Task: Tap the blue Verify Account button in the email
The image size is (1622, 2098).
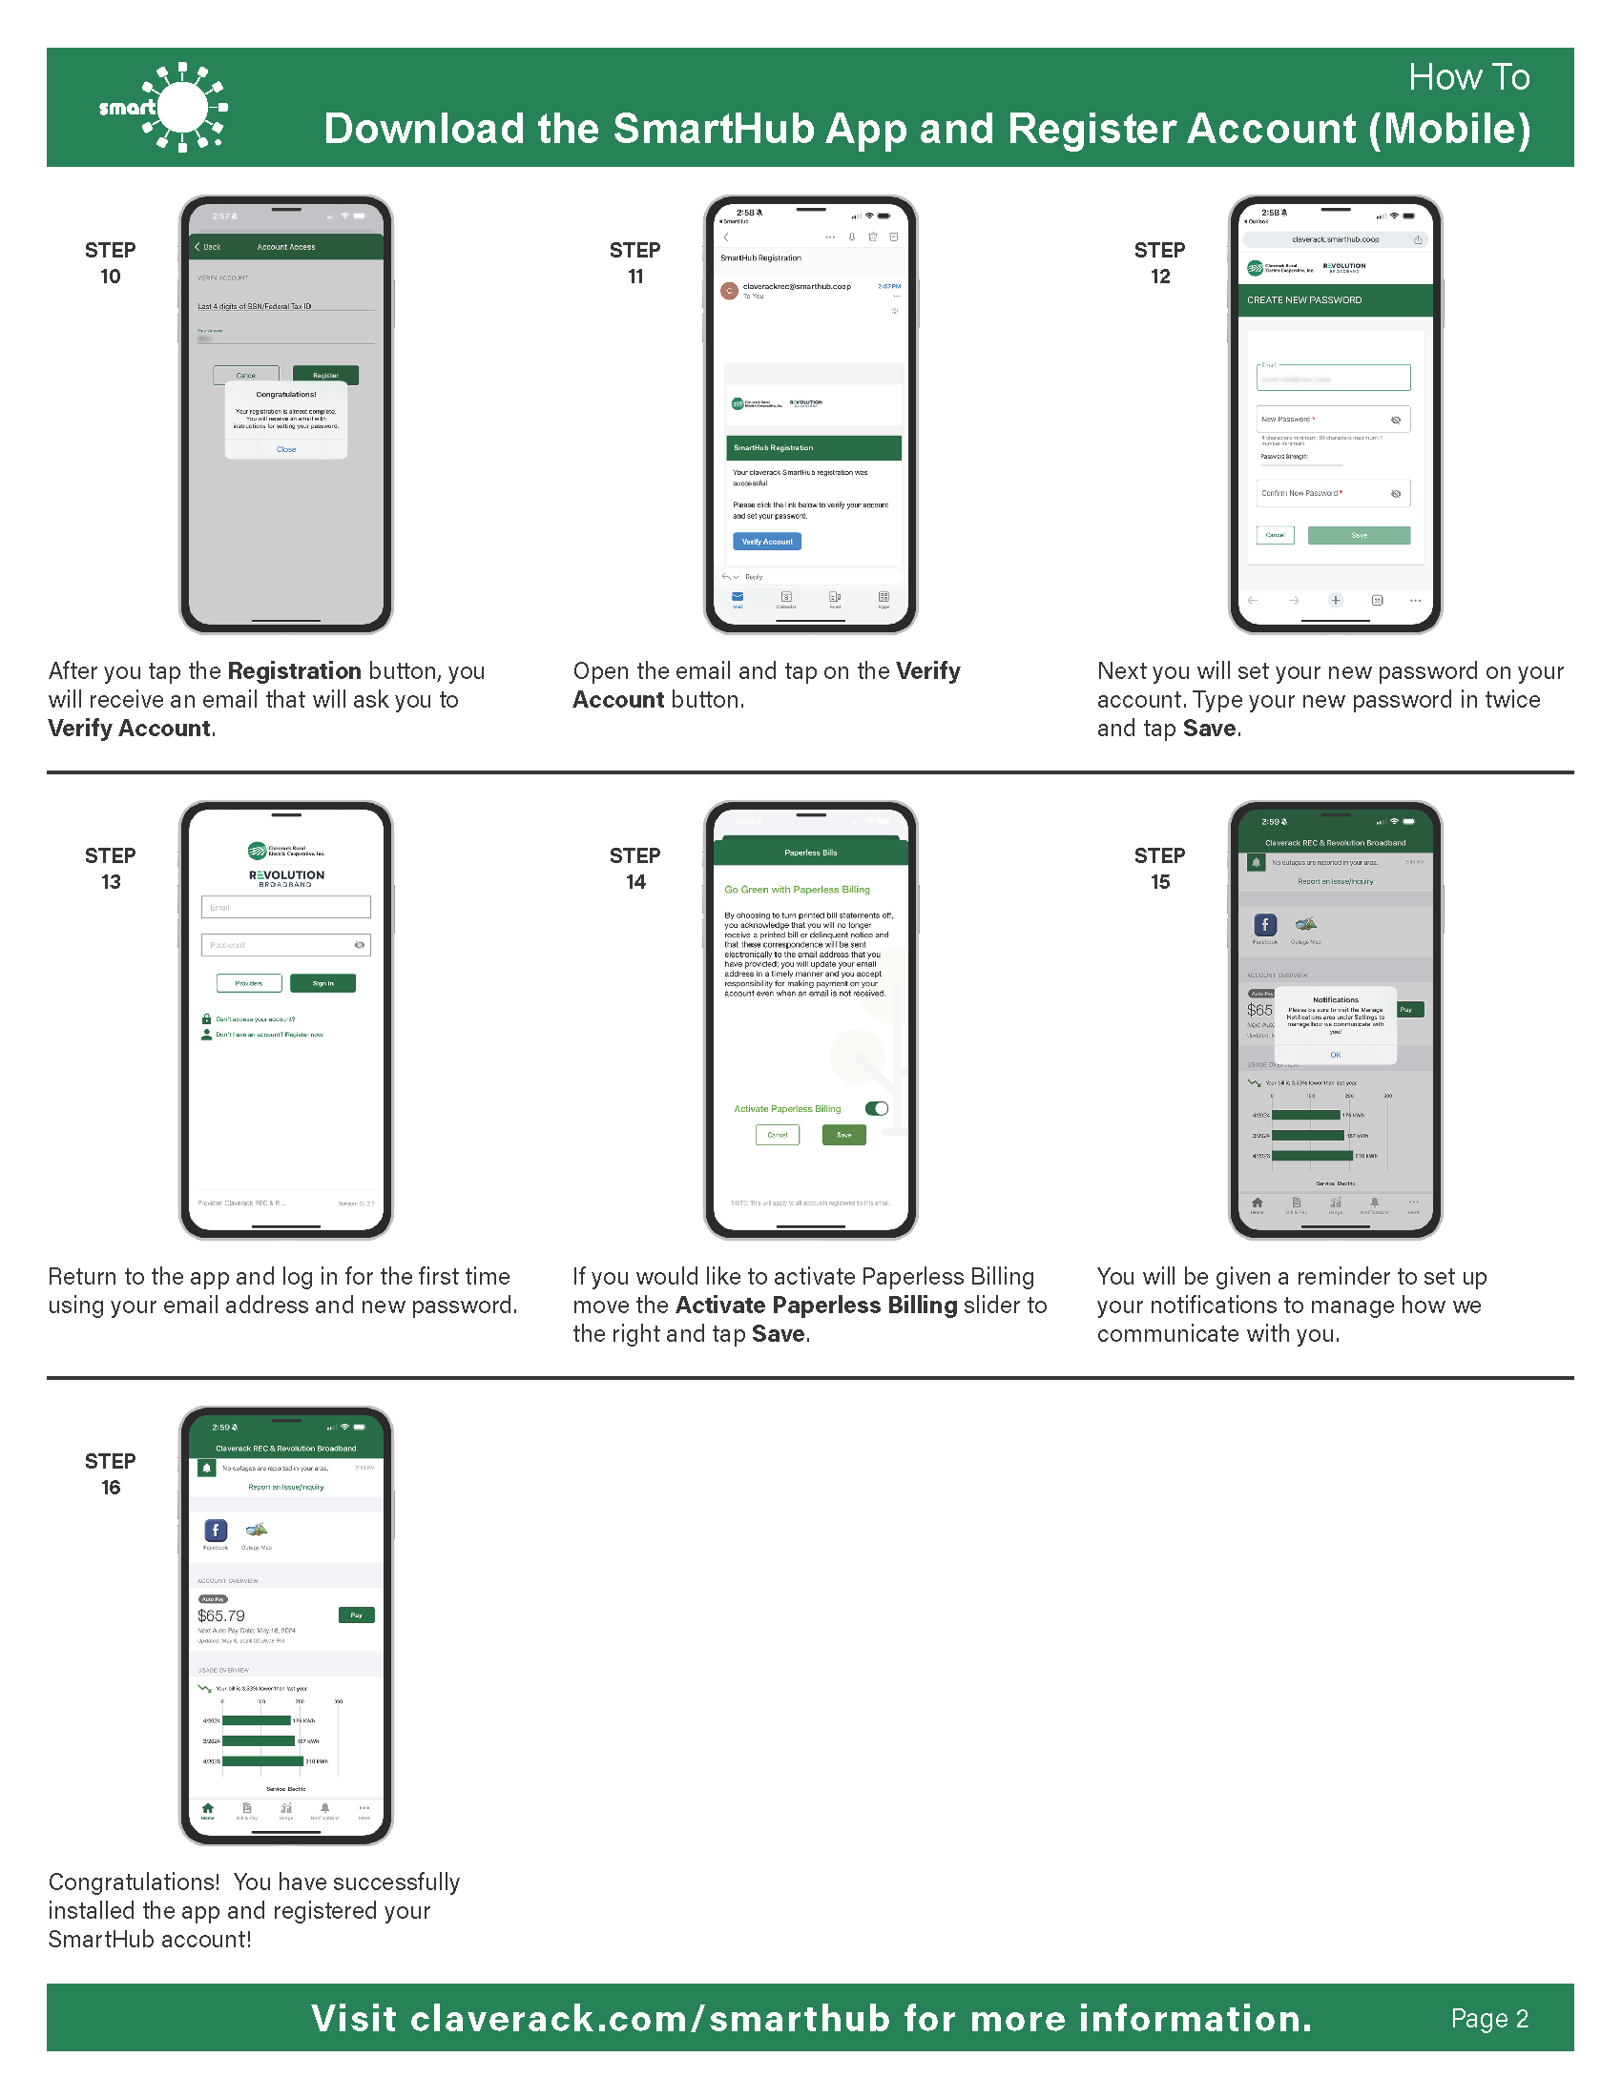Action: (767, 542)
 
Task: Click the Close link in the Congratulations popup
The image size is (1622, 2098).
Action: (286, 449)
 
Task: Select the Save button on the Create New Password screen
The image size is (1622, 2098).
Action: (1359, 535)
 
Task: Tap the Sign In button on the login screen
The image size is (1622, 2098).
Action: (322, 982)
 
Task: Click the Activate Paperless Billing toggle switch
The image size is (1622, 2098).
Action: (876, 1108)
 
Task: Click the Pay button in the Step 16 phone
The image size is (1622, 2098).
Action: (357, 1615)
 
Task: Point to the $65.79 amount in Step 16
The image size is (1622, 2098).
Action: (221, 1615)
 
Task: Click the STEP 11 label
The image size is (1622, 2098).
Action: (635, 263)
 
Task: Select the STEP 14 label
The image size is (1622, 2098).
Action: (635, 869)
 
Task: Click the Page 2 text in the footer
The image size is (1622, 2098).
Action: (1488, 2018)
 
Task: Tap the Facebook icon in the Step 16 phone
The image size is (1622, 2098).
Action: (217, 1531)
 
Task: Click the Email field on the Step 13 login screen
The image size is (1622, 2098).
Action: (285, 907)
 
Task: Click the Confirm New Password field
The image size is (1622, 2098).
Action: (1333, 493)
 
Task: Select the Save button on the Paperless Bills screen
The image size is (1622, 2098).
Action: (843, 1135)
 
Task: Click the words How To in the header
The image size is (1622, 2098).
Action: (1468, 78)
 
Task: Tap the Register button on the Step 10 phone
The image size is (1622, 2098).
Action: (325, 375)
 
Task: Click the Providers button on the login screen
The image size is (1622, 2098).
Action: (249, 982)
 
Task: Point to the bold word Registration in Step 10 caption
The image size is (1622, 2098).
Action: (294, 670)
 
